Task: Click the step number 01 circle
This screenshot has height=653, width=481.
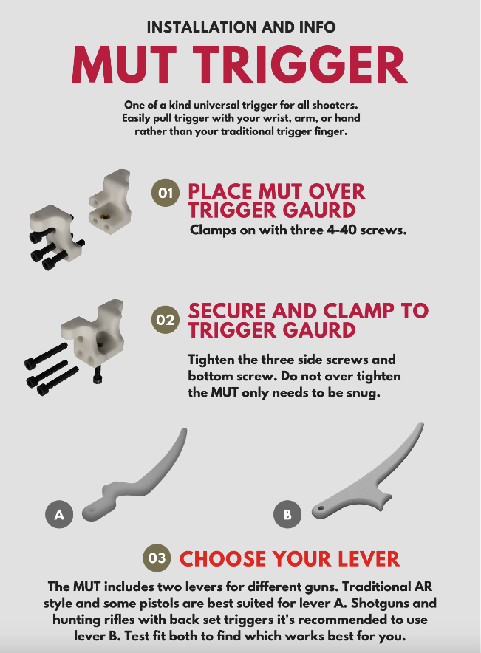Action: pos(166,193)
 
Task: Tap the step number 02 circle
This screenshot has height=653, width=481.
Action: pos(166,319)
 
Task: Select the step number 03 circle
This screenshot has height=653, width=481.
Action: pos(157,558)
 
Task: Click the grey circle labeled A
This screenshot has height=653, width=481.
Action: pos(59,514)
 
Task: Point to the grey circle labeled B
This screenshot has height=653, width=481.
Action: pos(287,514)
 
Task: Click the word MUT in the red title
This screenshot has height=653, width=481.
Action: pos(124,64)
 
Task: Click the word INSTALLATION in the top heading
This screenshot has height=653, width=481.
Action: pos(202,27)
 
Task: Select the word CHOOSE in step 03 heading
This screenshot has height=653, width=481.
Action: pos(222,559)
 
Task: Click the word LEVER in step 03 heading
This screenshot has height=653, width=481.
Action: pos(369,559)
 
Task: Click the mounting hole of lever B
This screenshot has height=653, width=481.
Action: pos(320,508)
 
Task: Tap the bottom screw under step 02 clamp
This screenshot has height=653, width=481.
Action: pos(97,375)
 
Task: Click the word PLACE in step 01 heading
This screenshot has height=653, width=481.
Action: pos(221,191)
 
